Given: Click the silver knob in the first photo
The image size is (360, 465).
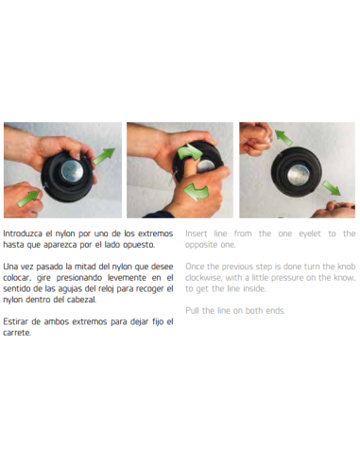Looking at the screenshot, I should click(x=71, y=172).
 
